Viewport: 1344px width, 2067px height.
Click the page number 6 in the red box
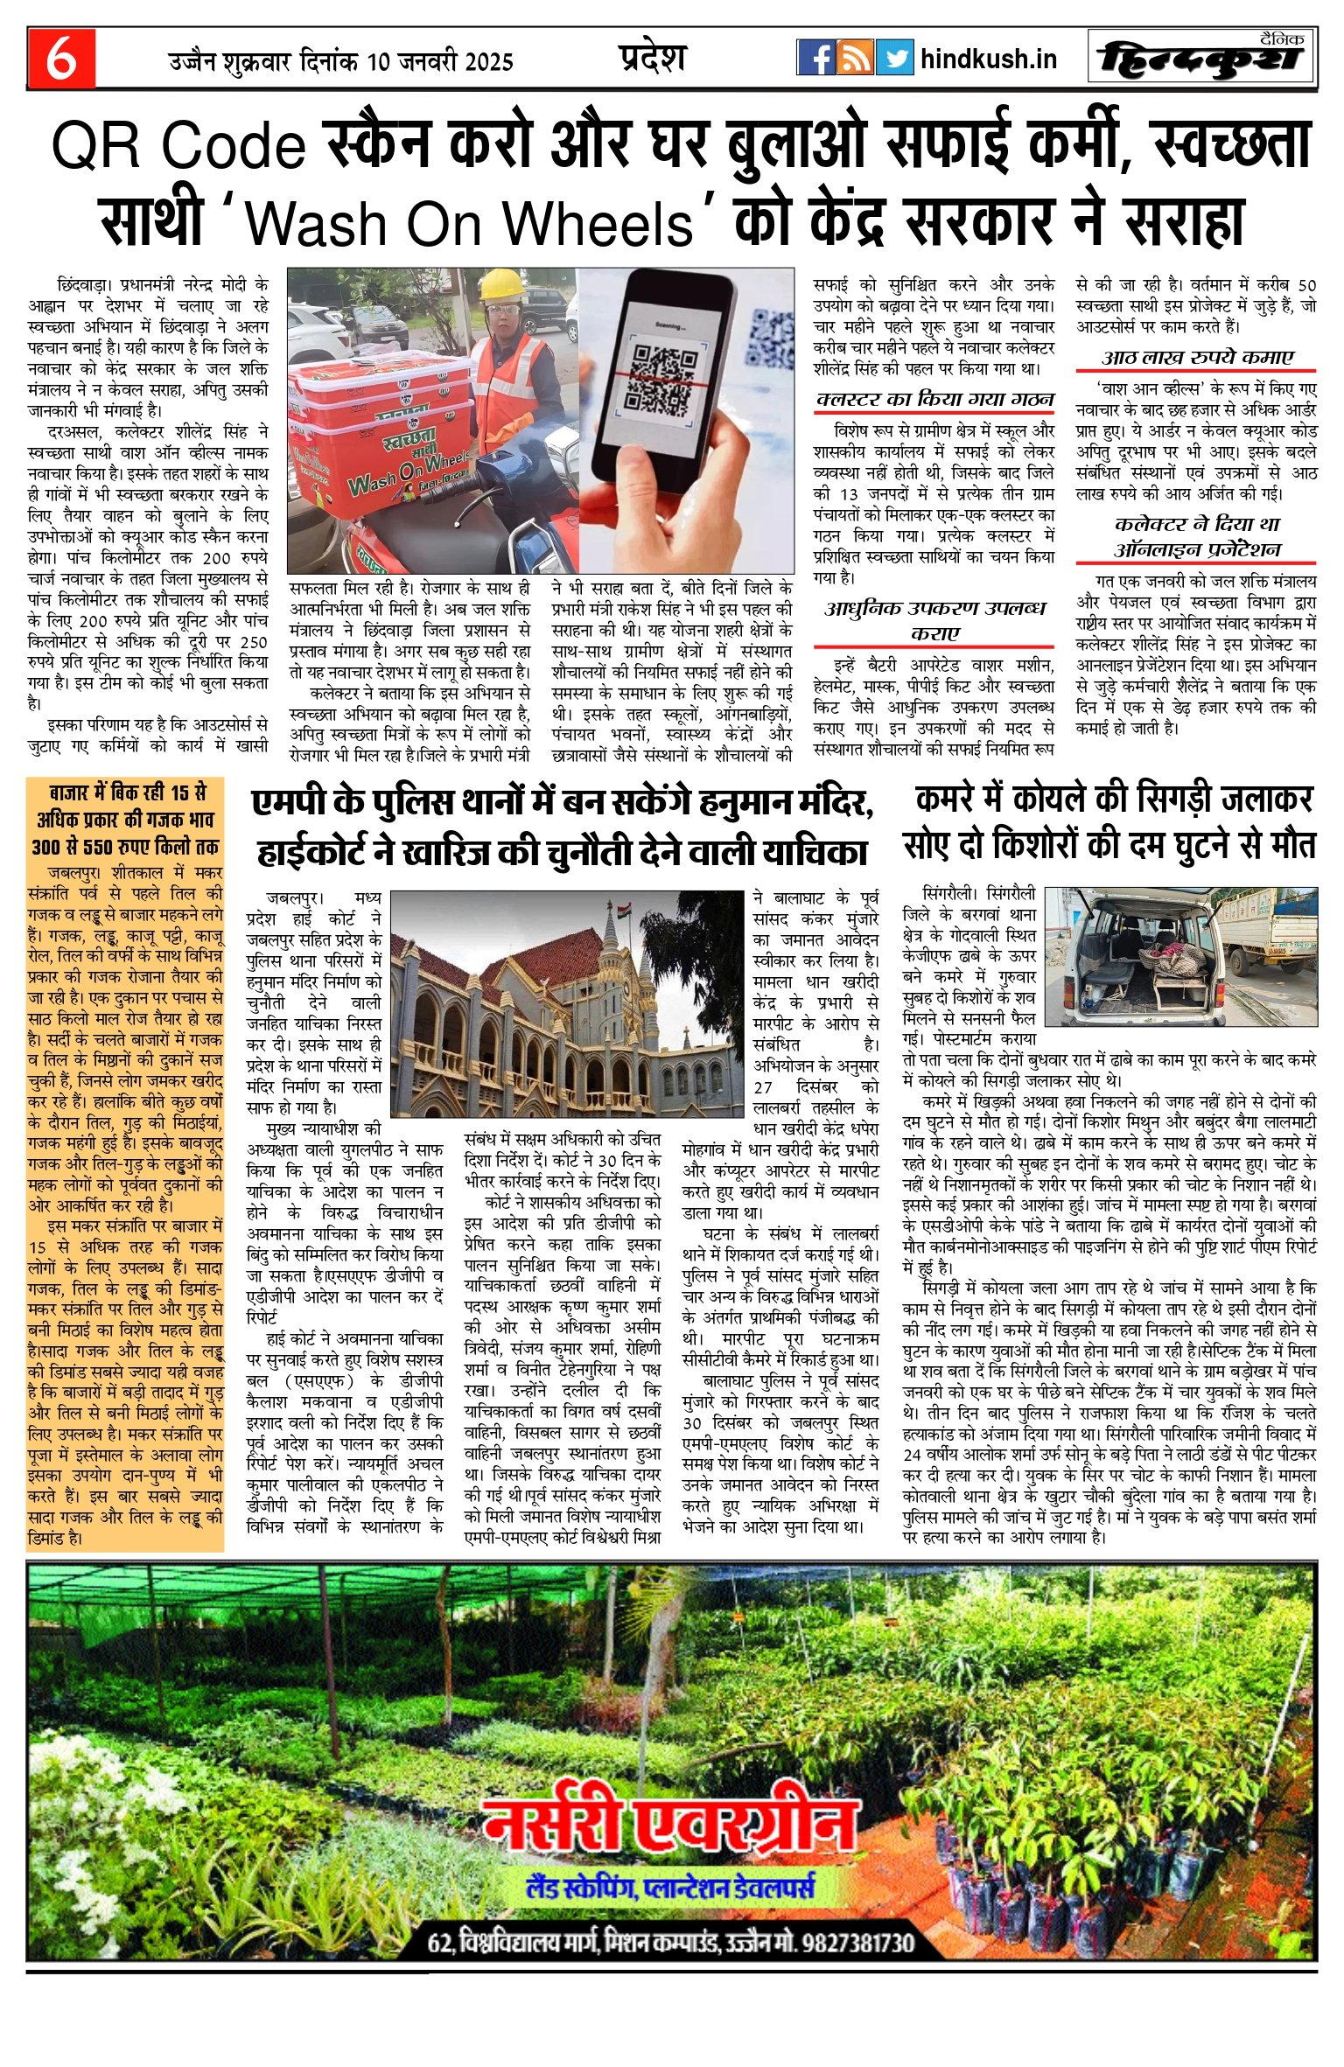pyautogui.click(x=61, y=59)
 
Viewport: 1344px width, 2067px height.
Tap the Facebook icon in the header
pyautogui.click(x=815, y=58)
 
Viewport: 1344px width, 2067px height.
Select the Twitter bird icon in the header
pyautogui.click(x=894, y=58)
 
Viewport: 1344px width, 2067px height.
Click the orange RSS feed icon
pyautogui.click(x=855, y=58)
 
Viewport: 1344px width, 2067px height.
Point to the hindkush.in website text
pyautogui.click(x=989, y=59)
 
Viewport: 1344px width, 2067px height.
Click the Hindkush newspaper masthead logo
pyautogui.click(x=1201, y=59)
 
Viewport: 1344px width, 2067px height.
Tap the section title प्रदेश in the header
pyautogui.click(x=652, y=58)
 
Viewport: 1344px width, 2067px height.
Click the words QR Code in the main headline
pyautogui.click(x=178, y=146)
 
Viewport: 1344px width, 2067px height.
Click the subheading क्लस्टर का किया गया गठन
pyautogui.click(x=934, y=399)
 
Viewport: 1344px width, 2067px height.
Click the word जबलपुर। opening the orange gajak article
pyautogui.click(x=74, y=872)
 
